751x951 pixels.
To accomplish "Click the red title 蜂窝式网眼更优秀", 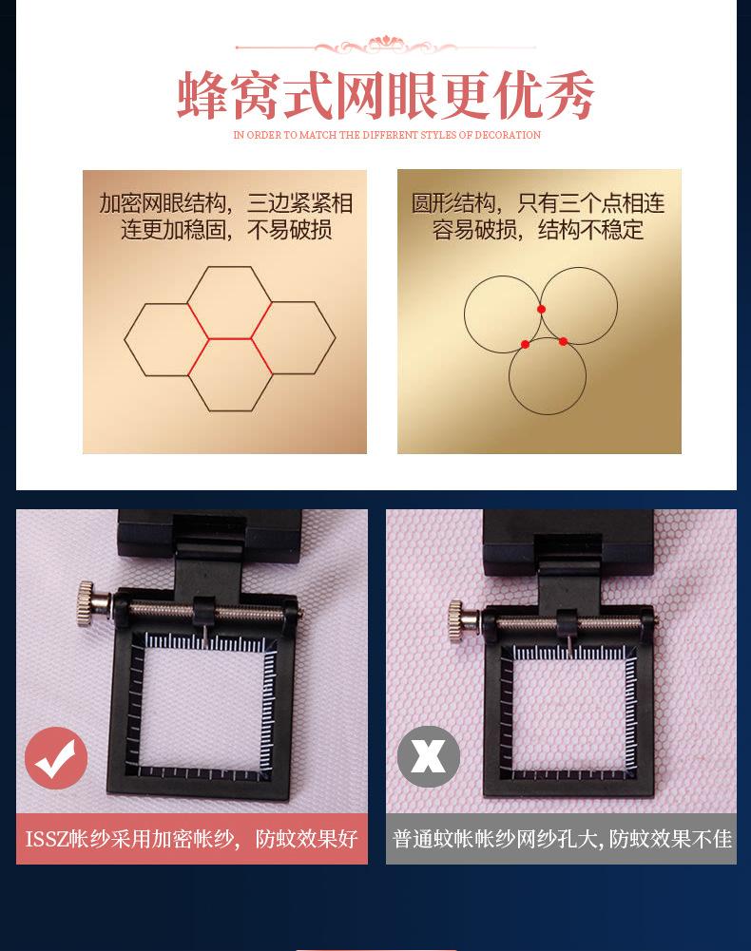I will pyautogui.click(x=385, y=95).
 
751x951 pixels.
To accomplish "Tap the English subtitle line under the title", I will pyautogui.click(x=387, y=136).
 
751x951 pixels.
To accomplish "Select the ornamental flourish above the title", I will pyautogui.click(x=385, y=45).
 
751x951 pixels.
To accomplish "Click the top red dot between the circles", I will pyautogui.click(x=541, y=309).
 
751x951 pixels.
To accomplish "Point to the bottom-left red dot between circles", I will pyautogui.click(x=525, y=344).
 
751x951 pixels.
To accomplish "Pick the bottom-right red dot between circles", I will pyautogui.click(x=563, y=341).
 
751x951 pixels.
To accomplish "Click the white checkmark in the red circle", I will pyautogui.click(x=56, y=758).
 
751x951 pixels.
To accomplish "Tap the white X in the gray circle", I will pyautogui.click(x=428, y=757).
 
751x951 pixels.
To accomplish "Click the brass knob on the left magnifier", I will pyautogui.click(x=87, y=598).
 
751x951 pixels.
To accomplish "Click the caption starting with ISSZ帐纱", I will pyautogui.click(x=191, y=839).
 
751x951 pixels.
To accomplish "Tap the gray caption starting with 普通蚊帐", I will pyautogui.click(x=561, y=839).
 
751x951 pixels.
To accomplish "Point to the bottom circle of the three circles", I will pyautogui.click(x=547, y=376).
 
